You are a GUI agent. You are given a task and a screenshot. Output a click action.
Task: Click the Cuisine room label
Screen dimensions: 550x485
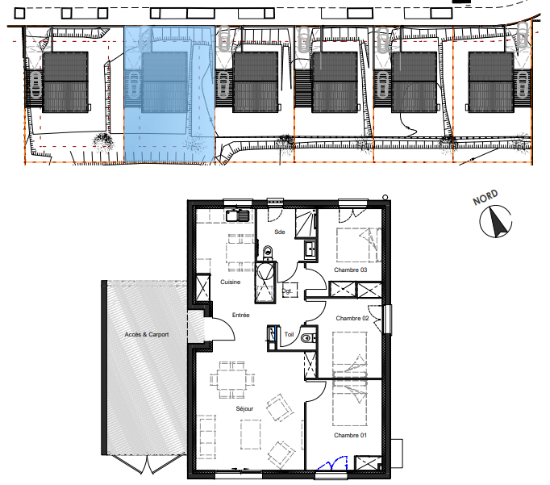[x=230, y=282]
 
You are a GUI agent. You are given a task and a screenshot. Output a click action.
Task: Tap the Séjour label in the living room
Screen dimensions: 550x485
[x=244, y=408]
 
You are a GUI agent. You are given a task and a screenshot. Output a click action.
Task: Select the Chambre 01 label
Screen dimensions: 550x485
[x=350, y=435]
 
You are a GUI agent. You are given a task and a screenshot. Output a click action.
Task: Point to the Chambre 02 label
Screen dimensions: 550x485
[x=352, y=318]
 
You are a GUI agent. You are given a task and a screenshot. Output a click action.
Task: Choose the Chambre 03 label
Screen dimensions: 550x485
[x=351, y=270]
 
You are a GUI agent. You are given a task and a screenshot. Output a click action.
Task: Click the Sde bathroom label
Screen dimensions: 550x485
[x=280, y=232]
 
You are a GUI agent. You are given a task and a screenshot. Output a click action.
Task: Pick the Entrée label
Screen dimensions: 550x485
[x=240, y=316]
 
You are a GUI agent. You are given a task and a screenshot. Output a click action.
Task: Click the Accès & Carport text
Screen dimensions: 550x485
[x=147, y=334]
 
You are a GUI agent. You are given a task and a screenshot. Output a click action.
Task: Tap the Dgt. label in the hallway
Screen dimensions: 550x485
[x=286, y=291]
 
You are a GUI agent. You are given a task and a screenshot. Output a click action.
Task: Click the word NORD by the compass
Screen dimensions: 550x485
[x=485, y=197]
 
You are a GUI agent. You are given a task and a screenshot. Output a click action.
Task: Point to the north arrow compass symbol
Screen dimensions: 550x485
[x=495, y=221]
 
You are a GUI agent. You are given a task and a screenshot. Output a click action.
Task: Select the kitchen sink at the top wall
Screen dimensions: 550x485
[x=237, y=215]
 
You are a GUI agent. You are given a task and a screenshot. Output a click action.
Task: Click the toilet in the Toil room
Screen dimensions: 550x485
[x=308, y=338]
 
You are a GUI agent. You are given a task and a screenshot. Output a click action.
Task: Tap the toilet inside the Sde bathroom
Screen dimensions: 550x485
[x=268, y=253]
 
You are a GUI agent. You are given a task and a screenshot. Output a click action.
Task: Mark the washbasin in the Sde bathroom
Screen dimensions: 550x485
[x=310, y=250]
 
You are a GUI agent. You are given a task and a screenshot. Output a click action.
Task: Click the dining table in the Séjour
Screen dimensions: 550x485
[x=231, y=380]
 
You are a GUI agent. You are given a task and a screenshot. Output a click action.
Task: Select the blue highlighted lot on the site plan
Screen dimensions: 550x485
[x=169, y=94]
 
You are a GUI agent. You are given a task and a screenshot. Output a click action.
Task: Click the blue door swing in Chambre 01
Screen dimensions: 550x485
[x=332, y=463]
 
